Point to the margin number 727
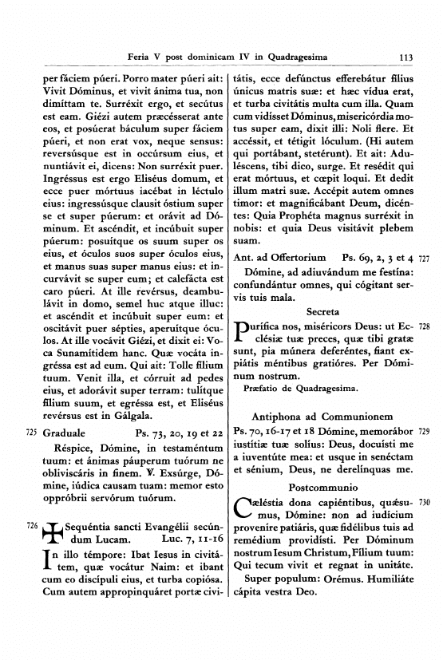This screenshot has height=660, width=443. point(424,259)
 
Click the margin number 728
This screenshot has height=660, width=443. point(424,327)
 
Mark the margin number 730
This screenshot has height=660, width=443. point(424,503)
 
